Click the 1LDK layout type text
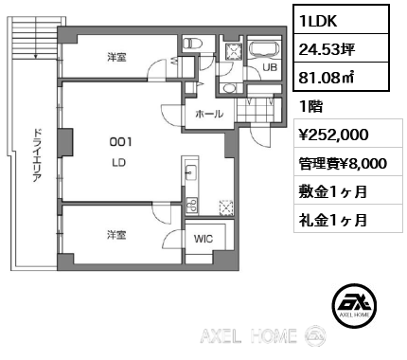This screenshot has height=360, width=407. pos(318,18)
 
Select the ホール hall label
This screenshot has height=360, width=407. pos(208,114)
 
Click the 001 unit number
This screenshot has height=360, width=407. pos(122,142)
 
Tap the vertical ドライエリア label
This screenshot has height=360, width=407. pos(37,156)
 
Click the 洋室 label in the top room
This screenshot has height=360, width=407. pos(116,57)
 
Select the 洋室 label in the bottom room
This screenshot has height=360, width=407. pos(116,233)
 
